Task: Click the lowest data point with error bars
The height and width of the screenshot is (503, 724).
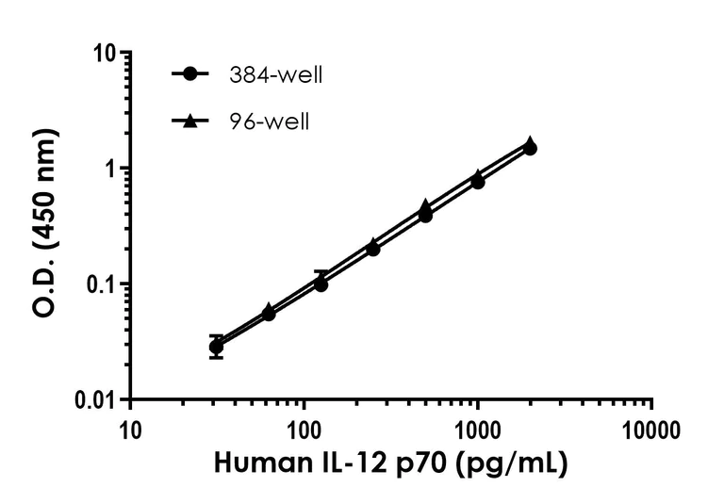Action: (x=217, y=347)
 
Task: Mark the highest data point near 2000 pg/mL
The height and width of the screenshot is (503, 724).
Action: (x=531, y=145)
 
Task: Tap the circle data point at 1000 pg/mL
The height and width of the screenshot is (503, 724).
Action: (x=478, y=182)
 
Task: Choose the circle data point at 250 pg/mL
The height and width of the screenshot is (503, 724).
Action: (x=373, y=249)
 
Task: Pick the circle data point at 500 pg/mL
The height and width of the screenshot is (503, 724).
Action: (x=425, y=216)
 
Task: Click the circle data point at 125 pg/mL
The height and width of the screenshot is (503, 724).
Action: (x=321, y=284)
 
